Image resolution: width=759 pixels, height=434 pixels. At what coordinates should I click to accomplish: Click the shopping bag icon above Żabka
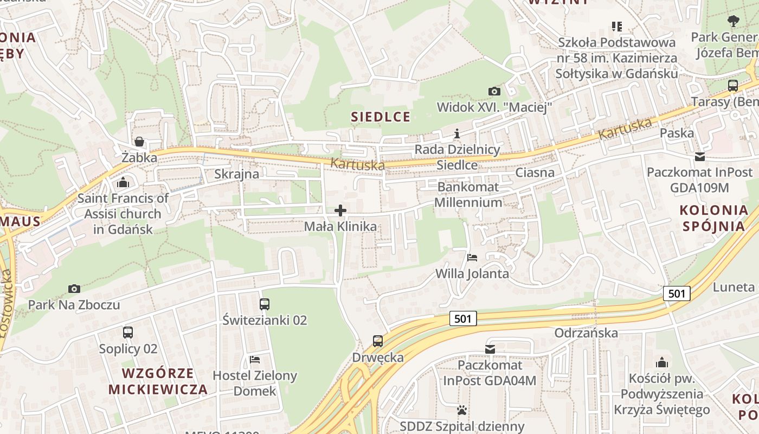coord(139,142)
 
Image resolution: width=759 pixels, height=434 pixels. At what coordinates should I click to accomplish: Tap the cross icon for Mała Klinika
coord(340,210)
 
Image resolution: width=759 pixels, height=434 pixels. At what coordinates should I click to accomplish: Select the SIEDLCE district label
coord(381,117)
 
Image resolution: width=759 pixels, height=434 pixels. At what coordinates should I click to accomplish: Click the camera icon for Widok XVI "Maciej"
coord(494,91)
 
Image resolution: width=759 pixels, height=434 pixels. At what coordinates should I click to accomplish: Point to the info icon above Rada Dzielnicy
coord(457,133)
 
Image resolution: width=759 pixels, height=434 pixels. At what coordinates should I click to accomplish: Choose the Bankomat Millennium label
coord(469,195)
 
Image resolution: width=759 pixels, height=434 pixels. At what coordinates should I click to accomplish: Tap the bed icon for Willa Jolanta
coord(472,257)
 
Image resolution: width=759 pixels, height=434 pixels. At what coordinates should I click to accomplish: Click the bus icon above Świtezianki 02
coord(265,304)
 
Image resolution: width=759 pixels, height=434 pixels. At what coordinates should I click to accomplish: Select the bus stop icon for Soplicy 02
coord(128,333)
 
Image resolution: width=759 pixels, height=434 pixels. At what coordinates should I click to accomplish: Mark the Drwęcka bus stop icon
coord(378,341)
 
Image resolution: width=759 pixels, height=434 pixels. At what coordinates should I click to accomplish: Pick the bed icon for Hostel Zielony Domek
coord(255,359)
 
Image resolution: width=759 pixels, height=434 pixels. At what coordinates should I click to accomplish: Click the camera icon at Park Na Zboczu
coord(74,289)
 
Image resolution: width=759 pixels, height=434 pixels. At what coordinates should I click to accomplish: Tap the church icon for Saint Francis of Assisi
coord(123,182)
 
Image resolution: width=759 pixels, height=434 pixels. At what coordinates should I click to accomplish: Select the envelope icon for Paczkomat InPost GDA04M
coord(490,349)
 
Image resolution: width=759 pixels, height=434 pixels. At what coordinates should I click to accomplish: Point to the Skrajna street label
coord(236,174)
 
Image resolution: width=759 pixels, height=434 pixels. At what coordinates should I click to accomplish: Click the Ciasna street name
coord(535,173)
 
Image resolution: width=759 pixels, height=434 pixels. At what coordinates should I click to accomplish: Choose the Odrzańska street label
coord(586,333)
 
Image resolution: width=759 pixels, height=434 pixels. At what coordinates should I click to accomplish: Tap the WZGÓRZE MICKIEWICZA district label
coord(158,381)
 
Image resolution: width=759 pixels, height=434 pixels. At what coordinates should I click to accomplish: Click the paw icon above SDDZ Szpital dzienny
coord(462,410)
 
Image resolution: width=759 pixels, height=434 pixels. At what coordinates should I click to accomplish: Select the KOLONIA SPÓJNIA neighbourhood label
coord(713,218)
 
